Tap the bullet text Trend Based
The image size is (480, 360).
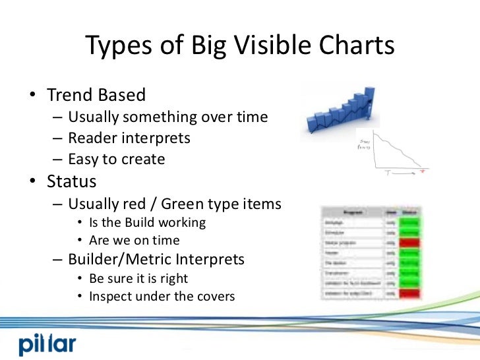click(x=96, y=95)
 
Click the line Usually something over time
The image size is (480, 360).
click(x=167, y=117)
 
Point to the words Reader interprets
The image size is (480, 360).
click(x=129, y=138)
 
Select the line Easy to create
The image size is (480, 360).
click(x=116, y=160)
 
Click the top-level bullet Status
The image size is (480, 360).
click(x=71, y=181)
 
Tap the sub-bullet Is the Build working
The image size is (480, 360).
click(x=147, y=223)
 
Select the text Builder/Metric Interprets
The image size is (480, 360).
click(x=156, y=260)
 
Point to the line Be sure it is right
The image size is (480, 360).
click(x=138, y=278)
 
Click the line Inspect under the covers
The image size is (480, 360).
click(x=162, y=297)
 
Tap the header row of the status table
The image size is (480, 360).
click(x=373, y=212)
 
